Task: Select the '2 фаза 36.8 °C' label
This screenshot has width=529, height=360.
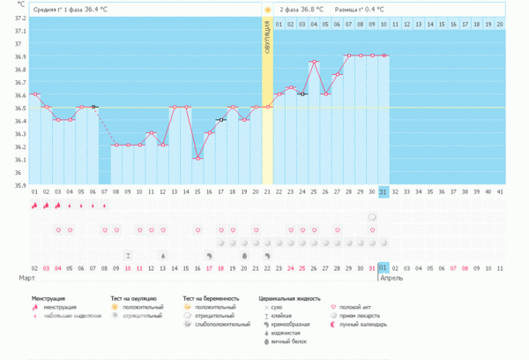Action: point(301,10)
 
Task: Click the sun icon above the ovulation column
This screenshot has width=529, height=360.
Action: point(267,10)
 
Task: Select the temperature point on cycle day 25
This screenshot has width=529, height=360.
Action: point(314,62)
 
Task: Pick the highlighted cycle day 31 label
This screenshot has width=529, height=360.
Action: point(384,191)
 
